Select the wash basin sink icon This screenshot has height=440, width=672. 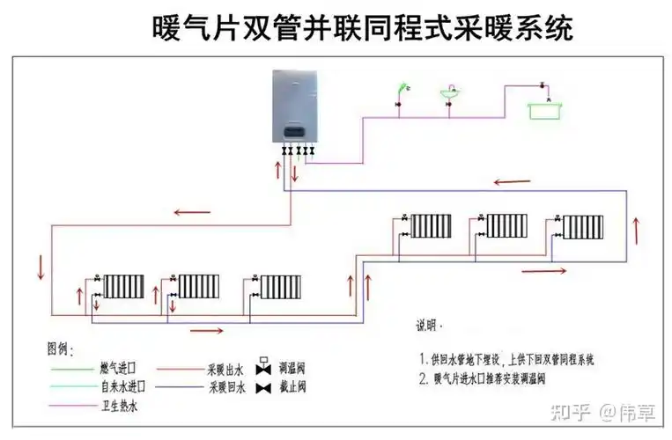(x=450, y=92)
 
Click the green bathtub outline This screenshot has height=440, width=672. (x=547, y=110)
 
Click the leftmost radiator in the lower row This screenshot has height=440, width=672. (x=122, y=286)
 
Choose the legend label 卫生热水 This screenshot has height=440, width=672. (x=118, y=407)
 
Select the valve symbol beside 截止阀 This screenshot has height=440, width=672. (x=262, y=386)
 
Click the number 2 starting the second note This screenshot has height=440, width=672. (x=424, y=380)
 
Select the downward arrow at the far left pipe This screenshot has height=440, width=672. (x=39, y=265)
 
